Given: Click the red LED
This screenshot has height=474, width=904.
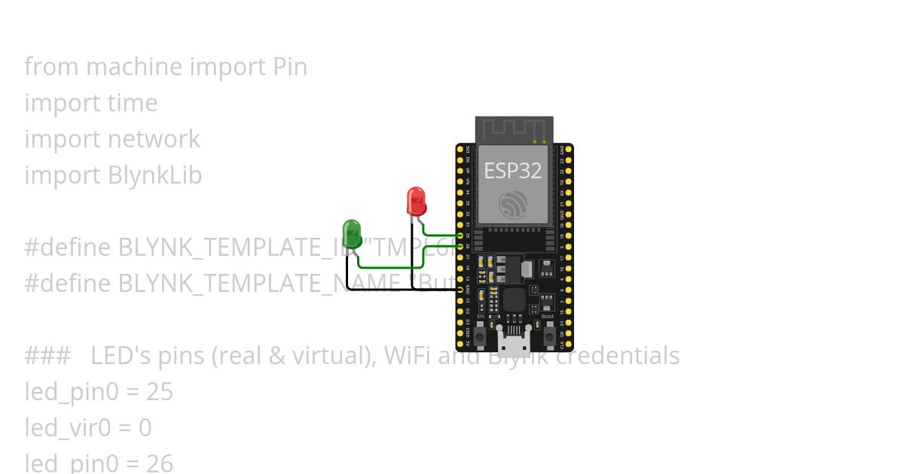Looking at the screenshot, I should coord(416,201).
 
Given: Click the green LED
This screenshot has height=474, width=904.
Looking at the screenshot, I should coord(352,233).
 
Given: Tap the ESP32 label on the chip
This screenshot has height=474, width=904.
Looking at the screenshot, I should coord(512,171).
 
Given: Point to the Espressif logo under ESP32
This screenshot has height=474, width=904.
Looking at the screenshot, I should coord(513,204).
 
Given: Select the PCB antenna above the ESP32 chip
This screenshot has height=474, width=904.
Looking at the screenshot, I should coord(514,130).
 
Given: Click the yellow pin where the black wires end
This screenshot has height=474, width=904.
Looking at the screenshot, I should coord(460,289).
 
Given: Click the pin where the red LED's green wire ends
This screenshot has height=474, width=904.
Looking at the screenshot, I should coord(460,235).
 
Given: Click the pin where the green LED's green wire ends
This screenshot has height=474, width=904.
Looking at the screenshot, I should coord(460,246).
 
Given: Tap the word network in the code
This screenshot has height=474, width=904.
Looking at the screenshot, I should coord(154,139).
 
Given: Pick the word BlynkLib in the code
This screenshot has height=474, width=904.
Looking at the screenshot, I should coord(155,175).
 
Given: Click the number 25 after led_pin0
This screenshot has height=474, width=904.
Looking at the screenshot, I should coord(160,392).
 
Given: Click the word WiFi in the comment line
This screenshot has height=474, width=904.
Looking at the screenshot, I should coord(403,356).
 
